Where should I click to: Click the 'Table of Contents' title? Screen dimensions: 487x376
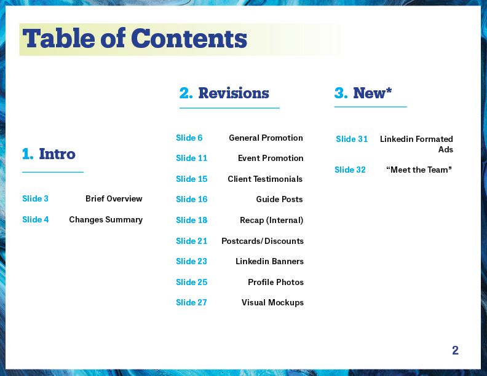[x=135, y=39]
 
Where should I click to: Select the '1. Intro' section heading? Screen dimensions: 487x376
[x=49, y=154]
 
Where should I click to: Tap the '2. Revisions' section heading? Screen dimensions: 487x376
[x=224, y=93]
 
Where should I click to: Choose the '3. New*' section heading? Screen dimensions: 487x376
[x=363, y=93]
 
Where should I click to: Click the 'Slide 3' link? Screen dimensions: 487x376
[x=36, y=198]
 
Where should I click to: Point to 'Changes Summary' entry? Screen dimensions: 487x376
[x=106, y=220]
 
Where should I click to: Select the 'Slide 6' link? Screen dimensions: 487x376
[x=189, y=138]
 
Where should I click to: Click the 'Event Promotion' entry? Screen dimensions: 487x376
[x=271, y=159]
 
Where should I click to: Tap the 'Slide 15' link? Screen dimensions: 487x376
[x=192, y=179]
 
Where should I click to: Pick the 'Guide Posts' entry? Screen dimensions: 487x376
[x=279, y=199]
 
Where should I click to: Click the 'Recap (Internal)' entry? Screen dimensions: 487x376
[x=271, y=221]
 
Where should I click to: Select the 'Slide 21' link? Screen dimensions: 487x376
[x=192, y=241]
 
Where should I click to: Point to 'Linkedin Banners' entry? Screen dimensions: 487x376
[x=269, y=261]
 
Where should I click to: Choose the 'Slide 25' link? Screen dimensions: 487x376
[x=192, y=282]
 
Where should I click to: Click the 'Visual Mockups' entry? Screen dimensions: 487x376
[x=272, y=303]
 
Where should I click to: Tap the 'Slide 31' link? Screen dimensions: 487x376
[x=352, y=139]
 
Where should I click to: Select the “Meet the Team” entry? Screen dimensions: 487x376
[x=419, y=170]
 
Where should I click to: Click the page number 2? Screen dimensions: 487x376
[x=455, y=350]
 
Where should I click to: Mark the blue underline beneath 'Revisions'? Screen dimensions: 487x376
[x=229, y=108]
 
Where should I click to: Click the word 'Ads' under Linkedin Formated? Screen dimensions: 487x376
[x=446, y=149]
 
